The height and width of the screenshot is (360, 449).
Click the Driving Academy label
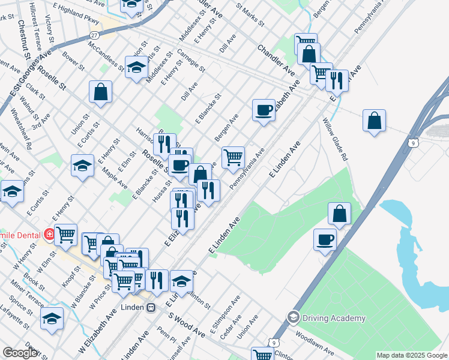334,318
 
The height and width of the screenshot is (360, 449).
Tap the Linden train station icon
151,308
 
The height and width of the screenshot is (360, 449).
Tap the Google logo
20,353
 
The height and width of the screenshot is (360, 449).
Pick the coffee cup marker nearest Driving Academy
325,239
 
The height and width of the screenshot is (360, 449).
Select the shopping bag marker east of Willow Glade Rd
374,120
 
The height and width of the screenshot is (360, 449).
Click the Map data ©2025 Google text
412,355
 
